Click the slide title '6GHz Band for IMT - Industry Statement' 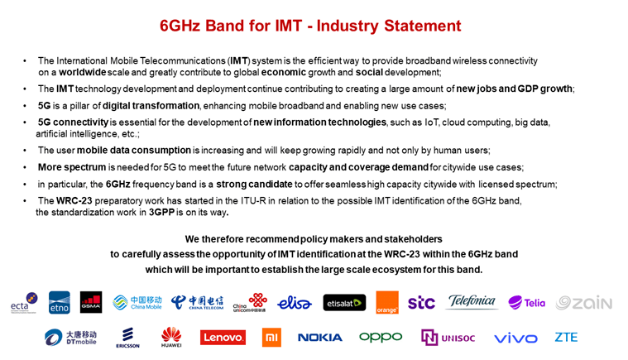[310, 26]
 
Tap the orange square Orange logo [387, 302]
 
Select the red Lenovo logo [223, 337]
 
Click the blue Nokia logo [320, 338]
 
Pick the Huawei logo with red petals [171, 337]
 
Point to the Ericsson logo [127, 338]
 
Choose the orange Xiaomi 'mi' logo [271, 337]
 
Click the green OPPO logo [381, 338]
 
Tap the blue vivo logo [515, 338]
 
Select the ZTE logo [566, 337]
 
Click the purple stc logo [421, 303]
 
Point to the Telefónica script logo [472, 301]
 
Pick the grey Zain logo [584, 303]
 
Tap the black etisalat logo [344, 303]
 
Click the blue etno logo [60, 302]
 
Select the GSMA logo [91, 302]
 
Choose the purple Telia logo [527, 302]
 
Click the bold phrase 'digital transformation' [151, 106]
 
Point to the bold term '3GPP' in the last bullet [161, 212]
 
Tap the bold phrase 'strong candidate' [254, 185]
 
